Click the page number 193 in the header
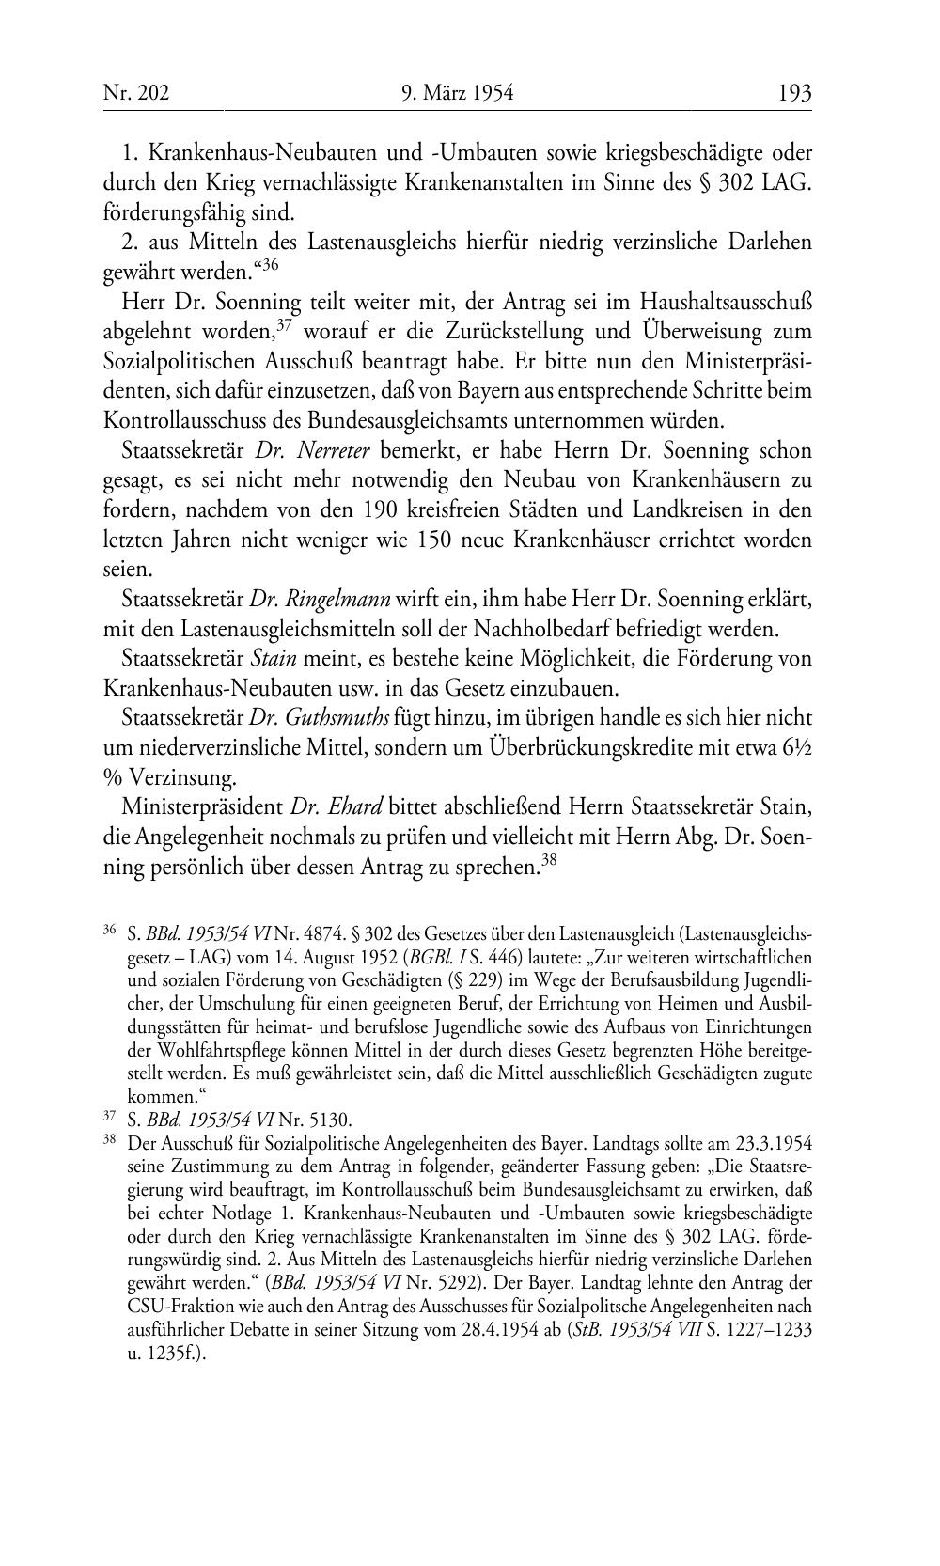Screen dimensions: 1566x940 click(794, 93)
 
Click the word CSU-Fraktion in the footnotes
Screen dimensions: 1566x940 click(175, 1306)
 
